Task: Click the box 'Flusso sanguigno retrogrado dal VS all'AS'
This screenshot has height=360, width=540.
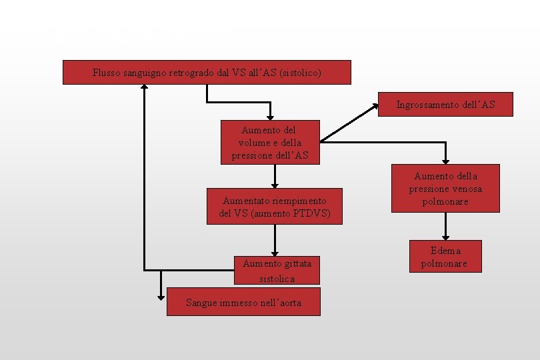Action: coord(207,72)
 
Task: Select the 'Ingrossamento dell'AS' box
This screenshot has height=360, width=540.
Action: coord(445,105)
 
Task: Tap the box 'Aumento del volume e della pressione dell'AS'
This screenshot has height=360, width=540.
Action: coord(270,142)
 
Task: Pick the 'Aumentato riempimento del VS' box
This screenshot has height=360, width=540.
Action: coord(274,207)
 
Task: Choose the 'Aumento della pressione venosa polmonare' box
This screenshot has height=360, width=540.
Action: coord(445,188)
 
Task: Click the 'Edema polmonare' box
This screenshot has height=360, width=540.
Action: coord(445,257)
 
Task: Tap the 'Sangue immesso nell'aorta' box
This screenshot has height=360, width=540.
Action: coord(243,302)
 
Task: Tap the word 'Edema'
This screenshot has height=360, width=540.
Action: coord(445,251)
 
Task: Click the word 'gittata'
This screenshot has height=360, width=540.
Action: coord(297,263)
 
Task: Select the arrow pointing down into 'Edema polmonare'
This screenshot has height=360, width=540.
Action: coord(445,227)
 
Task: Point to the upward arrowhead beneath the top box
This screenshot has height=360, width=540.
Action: coord(144,89)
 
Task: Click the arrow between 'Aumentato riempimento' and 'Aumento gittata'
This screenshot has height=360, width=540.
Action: coord(274,240)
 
